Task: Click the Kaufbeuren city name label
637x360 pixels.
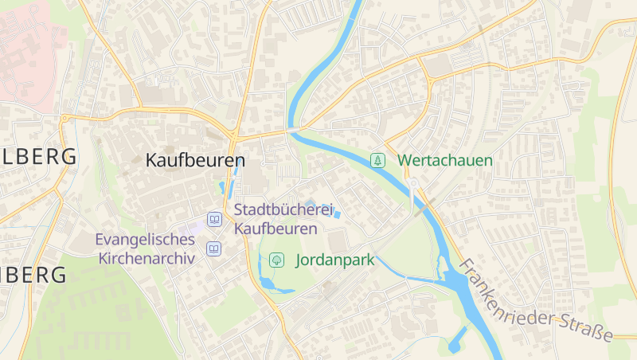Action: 194,160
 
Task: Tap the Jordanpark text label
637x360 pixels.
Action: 335,260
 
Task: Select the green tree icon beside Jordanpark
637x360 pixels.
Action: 276,259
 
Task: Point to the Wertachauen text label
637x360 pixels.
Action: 445,160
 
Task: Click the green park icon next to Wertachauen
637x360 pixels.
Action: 378,160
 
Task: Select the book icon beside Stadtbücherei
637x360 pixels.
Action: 213,218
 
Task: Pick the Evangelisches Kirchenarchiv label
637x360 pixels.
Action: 145,248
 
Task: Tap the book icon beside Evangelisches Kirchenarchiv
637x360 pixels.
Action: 213,248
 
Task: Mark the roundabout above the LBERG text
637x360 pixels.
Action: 64,119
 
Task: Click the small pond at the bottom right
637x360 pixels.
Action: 457,340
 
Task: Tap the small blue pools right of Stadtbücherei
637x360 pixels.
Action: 337,213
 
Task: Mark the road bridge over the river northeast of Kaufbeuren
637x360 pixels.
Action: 294,128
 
